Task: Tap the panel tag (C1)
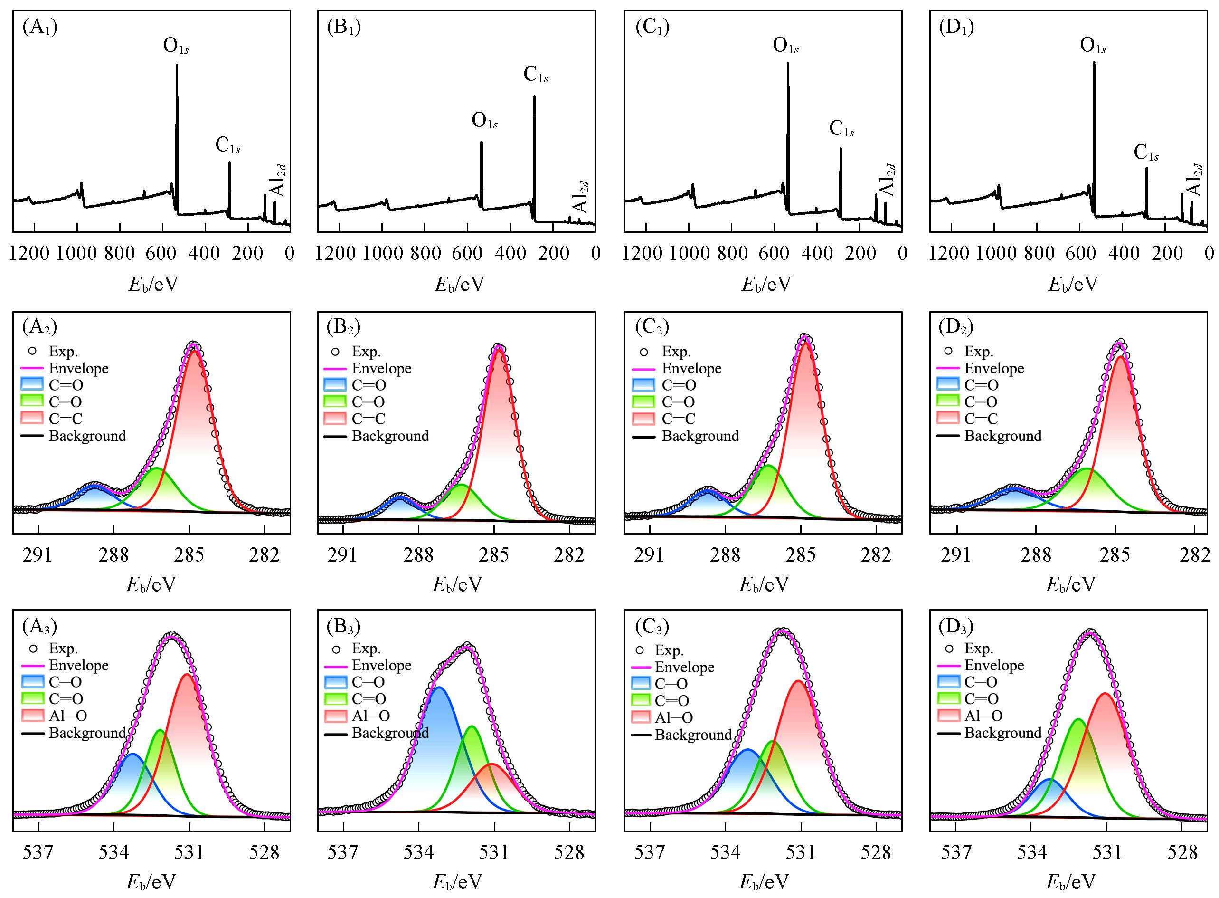coord(652,27)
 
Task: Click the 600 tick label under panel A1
coord(162,253)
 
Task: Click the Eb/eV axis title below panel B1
coord(459,284)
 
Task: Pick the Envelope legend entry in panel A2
coord(78,369)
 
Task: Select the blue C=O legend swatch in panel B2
coord(335,385)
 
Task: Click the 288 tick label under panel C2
coord(725,554)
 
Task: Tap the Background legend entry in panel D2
coord(1003,436)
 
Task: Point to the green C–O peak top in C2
coord(768,466)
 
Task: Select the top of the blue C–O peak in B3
coord(439,688)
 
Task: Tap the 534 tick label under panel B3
coord(418,852)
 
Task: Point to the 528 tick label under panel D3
coord(1182,852)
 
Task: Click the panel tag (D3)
coord(956,626)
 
